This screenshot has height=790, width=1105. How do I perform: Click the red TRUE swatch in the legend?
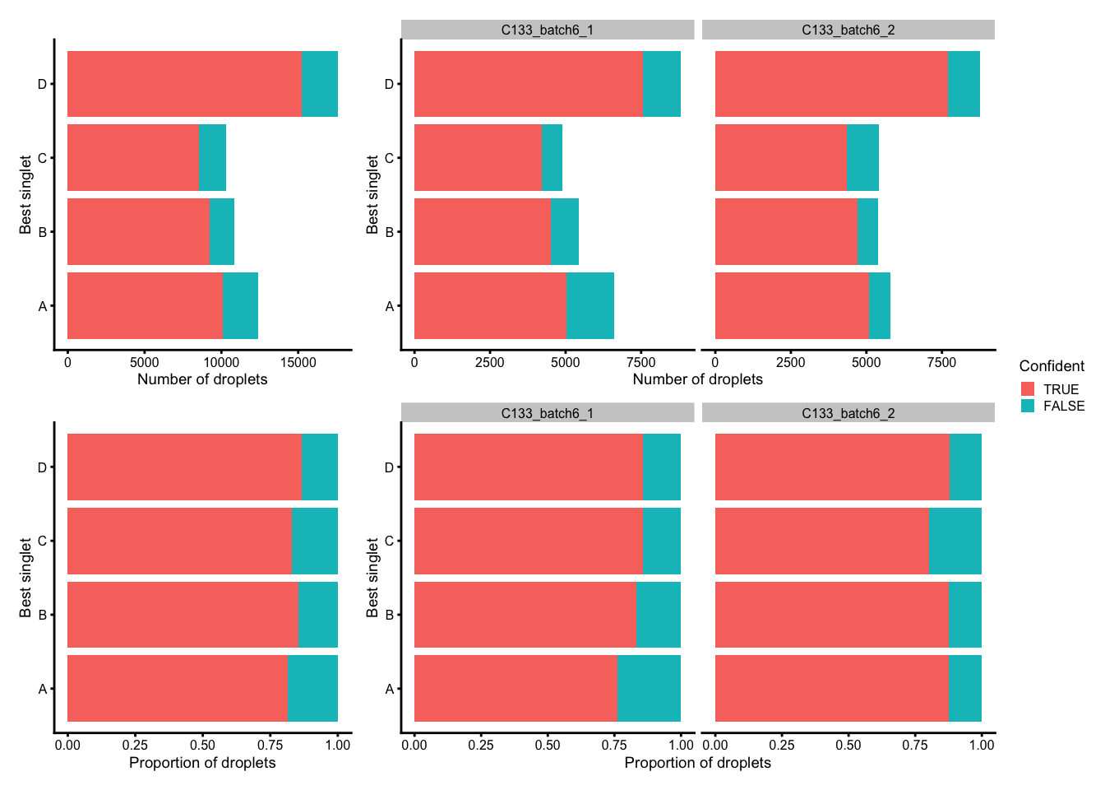click(1028, 389)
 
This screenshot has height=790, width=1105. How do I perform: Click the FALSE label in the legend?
click(1064, 407)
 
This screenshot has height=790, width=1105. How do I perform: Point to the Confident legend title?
click(1051, 366)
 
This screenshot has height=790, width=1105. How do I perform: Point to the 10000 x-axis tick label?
click(220, 362)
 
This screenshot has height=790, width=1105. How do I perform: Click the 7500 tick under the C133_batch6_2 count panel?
click(941, 362)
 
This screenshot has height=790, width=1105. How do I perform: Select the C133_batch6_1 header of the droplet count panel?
click(548, 30)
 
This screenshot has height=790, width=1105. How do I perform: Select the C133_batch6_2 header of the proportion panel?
click(848, 413)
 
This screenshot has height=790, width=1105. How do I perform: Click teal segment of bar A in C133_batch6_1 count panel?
click(590, 305)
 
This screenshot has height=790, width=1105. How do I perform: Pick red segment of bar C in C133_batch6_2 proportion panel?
click(821, 541)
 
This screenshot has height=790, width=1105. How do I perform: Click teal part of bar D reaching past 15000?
click(320, 84)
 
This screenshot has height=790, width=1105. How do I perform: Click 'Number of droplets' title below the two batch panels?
click(697, 379)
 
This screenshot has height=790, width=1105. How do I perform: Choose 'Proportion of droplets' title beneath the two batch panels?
click(697, 763)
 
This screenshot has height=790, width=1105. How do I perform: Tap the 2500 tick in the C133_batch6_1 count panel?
click(489, 362)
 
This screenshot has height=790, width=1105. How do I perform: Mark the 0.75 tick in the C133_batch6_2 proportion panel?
click(915, 746)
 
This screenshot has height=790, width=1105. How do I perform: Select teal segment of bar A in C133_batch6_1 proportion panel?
click(649, 689)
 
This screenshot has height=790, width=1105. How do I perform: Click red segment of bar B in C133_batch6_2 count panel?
click(786, 231)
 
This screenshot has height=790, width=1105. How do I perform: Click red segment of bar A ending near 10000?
click(145, 305)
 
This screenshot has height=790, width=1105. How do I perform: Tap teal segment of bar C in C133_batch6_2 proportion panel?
click(955, 541)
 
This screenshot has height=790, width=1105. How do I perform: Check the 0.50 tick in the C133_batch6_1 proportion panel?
click(548, 746)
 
